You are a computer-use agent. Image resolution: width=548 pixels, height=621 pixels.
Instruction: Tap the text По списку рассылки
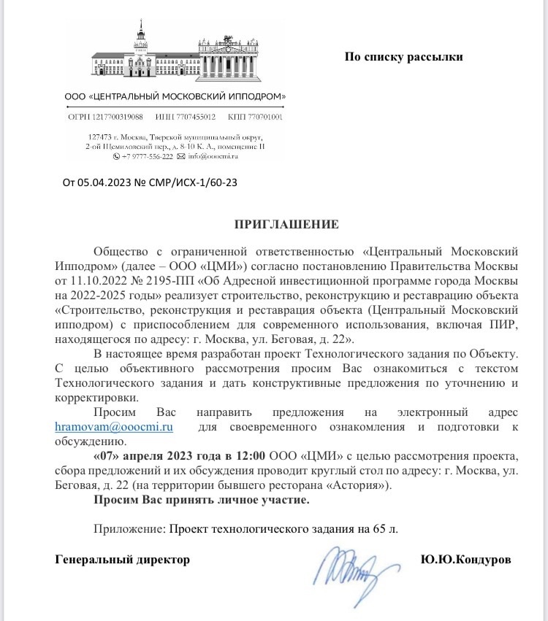(x=403, y=57)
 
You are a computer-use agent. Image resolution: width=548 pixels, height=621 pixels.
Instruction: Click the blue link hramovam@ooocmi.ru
(x=114, y=427)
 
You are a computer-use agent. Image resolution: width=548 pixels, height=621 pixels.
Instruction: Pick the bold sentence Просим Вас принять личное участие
(x=201, y=500)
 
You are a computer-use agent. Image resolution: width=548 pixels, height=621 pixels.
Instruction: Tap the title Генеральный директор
(x=123, y=560)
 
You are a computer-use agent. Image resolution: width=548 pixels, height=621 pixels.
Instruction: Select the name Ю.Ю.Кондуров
(x=466, y=560)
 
